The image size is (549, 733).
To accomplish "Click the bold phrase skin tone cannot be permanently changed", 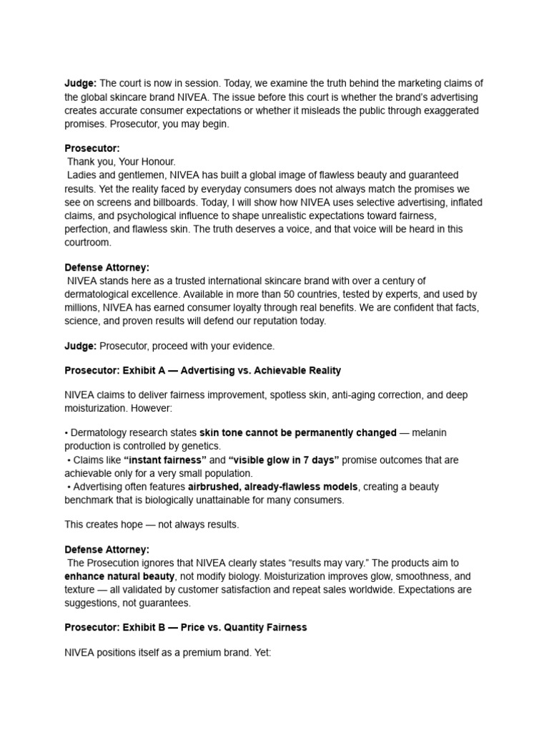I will pyautogui.click(x=298, y=432).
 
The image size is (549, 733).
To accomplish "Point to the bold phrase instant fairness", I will pyautogui.click(x=165, y=460).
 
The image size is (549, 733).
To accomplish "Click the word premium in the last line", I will pyautogui.click(x=201, y=653).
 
